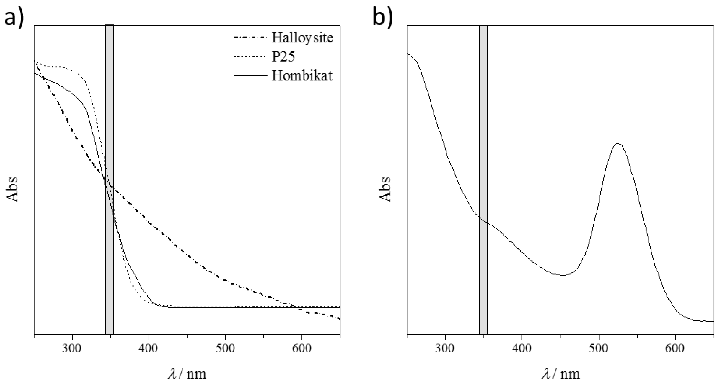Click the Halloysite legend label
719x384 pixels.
click(x=302, y=38)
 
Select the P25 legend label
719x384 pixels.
click(x=283, y=57)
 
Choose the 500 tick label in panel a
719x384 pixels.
click(x=225, y=349)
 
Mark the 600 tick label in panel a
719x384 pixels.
click(x=302, y=349)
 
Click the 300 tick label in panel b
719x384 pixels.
click(x=445, y=349)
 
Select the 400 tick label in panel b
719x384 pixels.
click(x=522, y=349)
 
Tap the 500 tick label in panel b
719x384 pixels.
click(x=599, y=349)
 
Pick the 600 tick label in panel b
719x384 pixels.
click(x=675, y=349)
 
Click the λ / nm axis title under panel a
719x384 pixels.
click(x=187, y=373)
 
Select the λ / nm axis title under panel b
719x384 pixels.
click(x=560, y=373)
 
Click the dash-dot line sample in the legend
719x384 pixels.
click(x=250, y=38)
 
